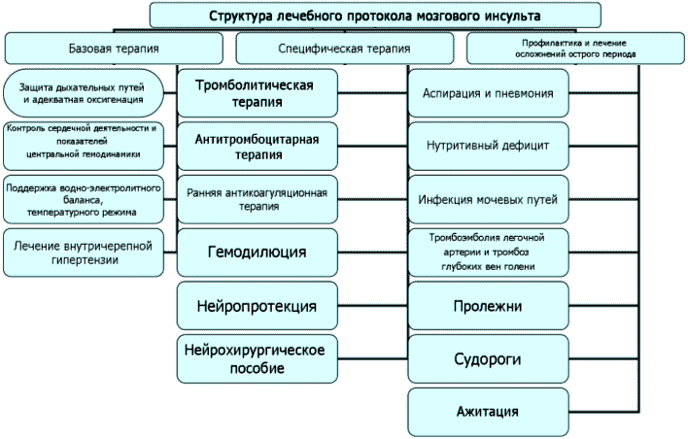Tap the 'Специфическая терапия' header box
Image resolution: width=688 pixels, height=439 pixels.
(344, 48)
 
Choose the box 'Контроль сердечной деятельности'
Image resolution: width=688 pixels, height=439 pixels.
(85, 141)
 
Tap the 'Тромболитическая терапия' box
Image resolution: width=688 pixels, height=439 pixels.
(258, 93)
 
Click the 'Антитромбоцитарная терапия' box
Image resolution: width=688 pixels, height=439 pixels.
(258, 146)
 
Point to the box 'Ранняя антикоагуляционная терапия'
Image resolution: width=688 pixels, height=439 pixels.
(258, 199)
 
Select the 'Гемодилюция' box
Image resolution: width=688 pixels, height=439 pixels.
(258, 253)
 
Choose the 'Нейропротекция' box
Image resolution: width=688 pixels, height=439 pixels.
(258, 306)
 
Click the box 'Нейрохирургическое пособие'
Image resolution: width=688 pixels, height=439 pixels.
(258, 358)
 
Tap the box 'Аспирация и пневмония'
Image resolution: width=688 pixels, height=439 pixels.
(489, 94)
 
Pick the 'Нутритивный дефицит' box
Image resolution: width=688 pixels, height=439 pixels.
(489, 147)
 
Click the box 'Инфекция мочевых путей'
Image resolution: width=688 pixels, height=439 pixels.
(489, 200)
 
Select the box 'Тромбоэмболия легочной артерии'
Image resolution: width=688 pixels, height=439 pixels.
(489, 253)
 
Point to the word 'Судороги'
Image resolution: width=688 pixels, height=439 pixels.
(489, 359)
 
